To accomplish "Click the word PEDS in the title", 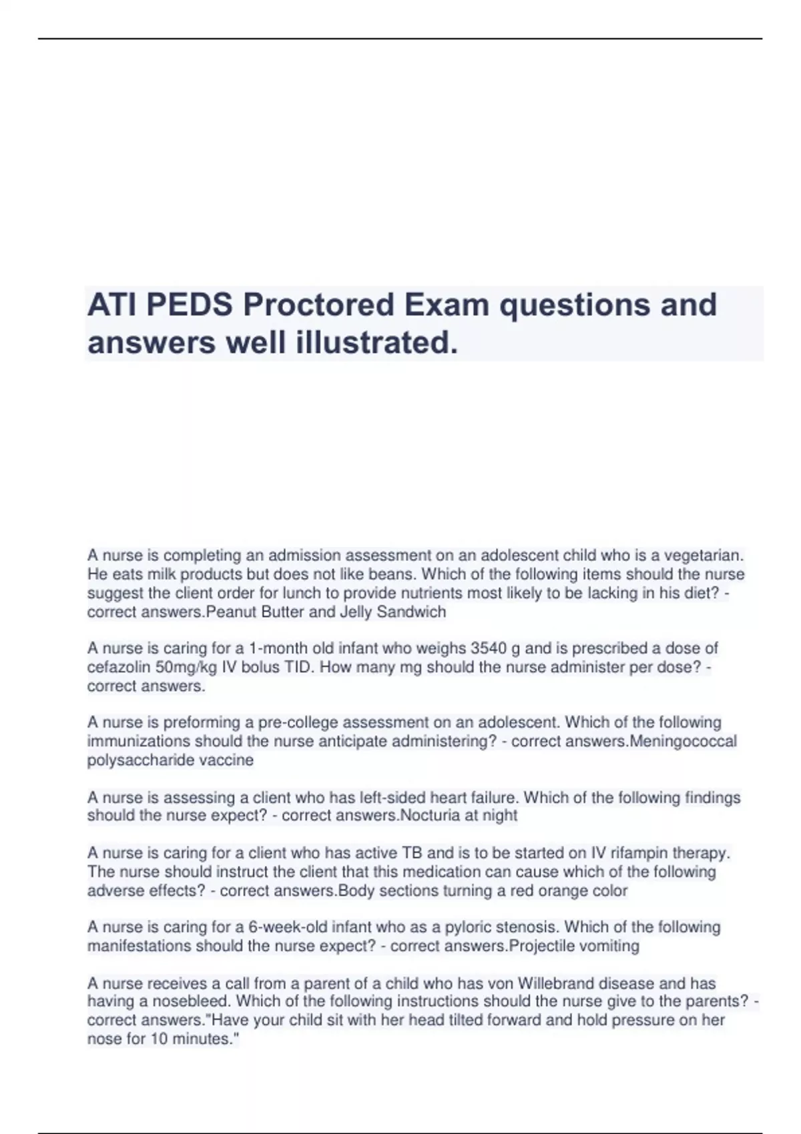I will pyautogui.click(x=190, y=305).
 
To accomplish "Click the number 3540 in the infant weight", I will pyautogui.click(x=489, y=648).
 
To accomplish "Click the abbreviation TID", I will pyautogui.click(x=297, y=666).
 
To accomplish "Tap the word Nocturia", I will pyautogui.click(x=427, y=815).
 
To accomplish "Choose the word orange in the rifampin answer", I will pyautogui.click(x=557, y=891).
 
